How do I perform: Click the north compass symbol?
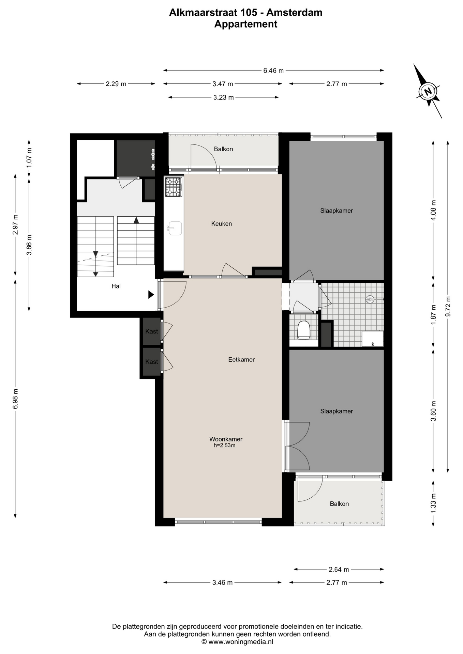[x=428, y=91]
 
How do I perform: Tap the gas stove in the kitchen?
[x=174, y=187]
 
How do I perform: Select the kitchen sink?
[x=175, y=228]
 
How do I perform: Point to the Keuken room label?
[x=222, y=224]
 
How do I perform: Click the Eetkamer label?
[x=241, y=359]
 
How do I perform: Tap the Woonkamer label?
[x=226, y=439]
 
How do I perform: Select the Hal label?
[x=116, y=286]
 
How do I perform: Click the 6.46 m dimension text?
[x=273, y=71]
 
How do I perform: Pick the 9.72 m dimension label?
[x=448, y=307]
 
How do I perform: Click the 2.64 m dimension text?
[x=339, y=569]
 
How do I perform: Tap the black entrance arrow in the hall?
[x=151, y=295]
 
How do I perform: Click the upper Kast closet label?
[x=152, y=331]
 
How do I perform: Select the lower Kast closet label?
[x=152, y=362]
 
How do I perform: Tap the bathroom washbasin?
[x=372, y=339]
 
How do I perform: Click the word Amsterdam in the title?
[x=294, y=13]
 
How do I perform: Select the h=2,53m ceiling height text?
[x=224, y=446]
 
